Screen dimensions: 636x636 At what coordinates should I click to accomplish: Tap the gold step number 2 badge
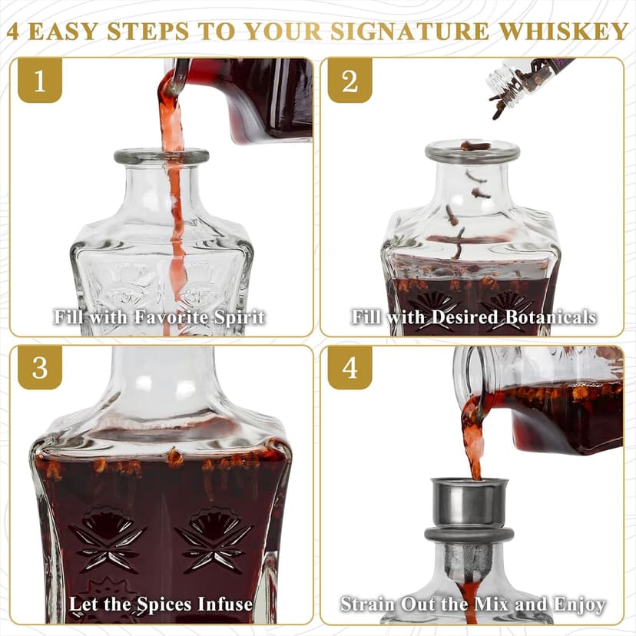[349, 81]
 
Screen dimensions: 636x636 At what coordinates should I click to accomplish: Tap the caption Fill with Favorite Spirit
[160, 316]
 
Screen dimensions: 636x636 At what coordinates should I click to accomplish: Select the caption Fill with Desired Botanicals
[474, 316]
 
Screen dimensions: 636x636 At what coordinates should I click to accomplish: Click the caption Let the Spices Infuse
[161, 604]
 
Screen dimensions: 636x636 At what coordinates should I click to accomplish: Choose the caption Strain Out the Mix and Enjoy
[473, 604]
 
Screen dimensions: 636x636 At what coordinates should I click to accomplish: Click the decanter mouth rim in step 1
[161, 156]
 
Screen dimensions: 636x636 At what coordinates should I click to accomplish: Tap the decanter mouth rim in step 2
[472, 149]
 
